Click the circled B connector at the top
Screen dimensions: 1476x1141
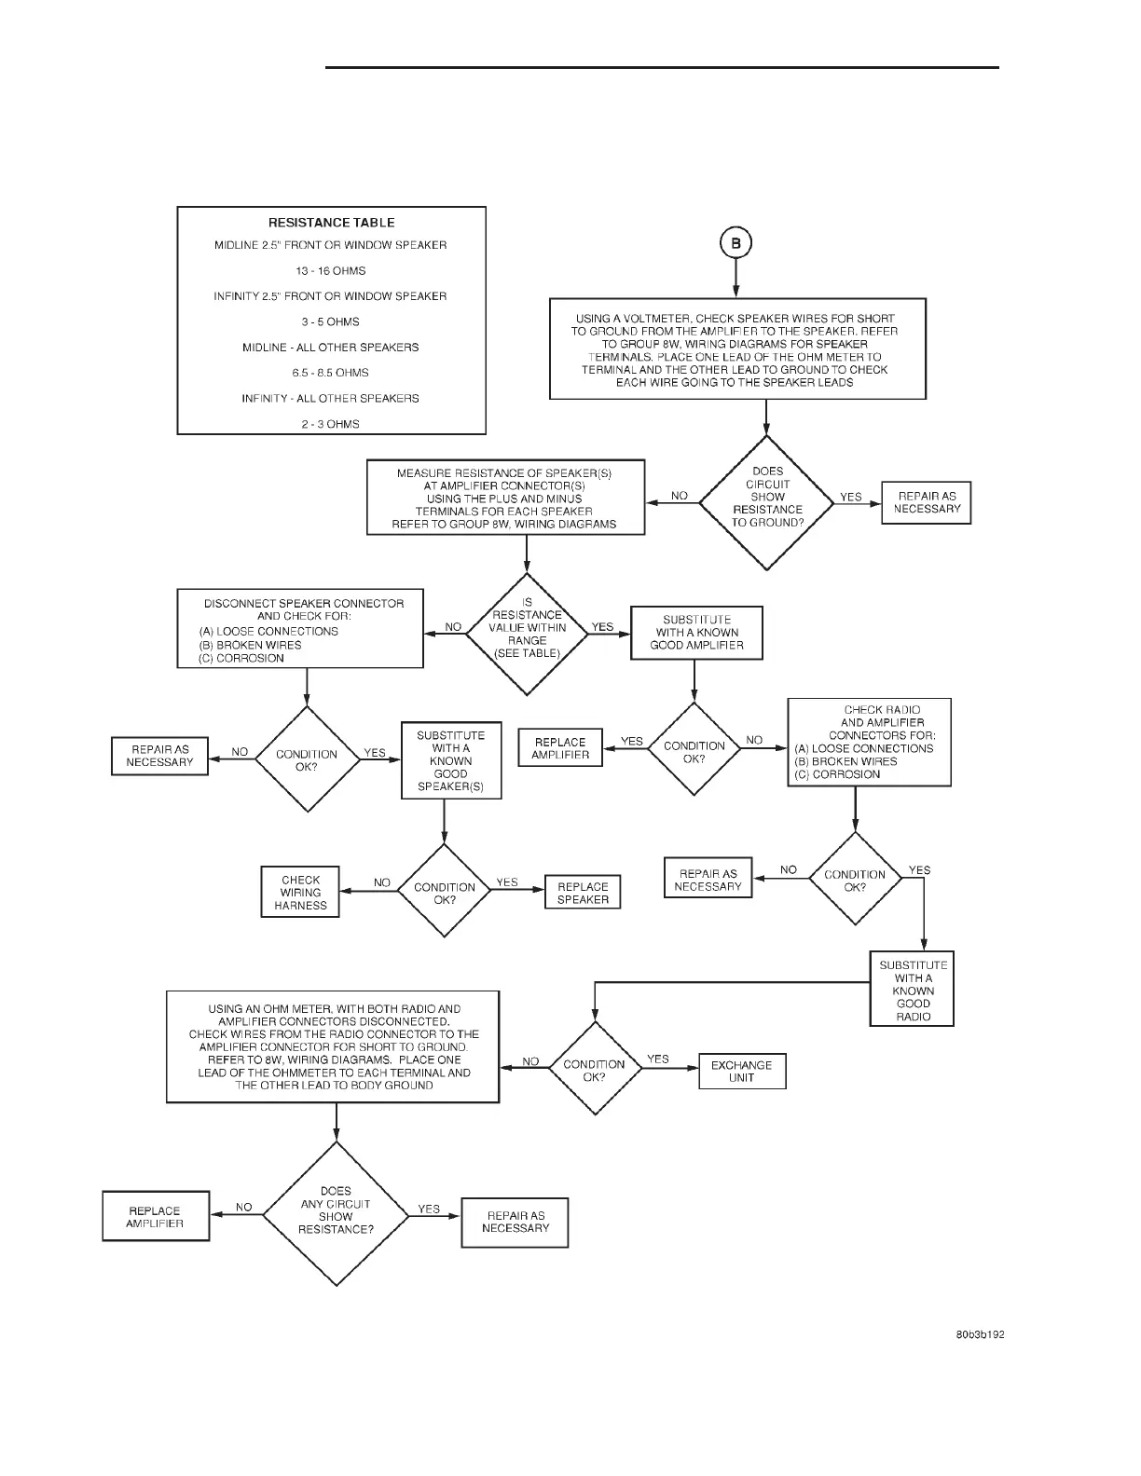coord(735,243)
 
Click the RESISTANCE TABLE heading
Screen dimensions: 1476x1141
coord(331,223)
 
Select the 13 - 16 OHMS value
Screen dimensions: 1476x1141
coord(331,271)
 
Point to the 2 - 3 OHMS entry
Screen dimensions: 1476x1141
coord(331,424)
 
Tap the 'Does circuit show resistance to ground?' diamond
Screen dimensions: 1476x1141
coord(767,502)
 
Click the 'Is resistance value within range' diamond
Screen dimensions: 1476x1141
coord(527,634)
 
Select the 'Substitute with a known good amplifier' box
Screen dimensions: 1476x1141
coord(696,633)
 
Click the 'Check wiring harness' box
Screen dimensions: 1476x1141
coord(300,892)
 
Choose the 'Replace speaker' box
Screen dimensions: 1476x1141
coord(583,893)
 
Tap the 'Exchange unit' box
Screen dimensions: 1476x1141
coord(742,1072)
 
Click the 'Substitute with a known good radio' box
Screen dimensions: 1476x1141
coord(913,991)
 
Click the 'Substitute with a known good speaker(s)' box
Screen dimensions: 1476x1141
coord(450,760)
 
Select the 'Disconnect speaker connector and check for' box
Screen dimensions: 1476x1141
coord(300,628)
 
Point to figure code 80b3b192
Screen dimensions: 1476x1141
coord(979,1334)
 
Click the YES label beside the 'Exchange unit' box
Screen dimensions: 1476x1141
coord(658,1059)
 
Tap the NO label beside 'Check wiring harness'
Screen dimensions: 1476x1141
coord(382,882)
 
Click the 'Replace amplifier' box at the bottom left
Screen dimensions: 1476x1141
coord(156,1216)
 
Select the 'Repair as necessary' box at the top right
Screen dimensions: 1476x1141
coord(927,502)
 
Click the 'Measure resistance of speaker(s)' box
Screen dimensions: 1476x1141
coord(505,498)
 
